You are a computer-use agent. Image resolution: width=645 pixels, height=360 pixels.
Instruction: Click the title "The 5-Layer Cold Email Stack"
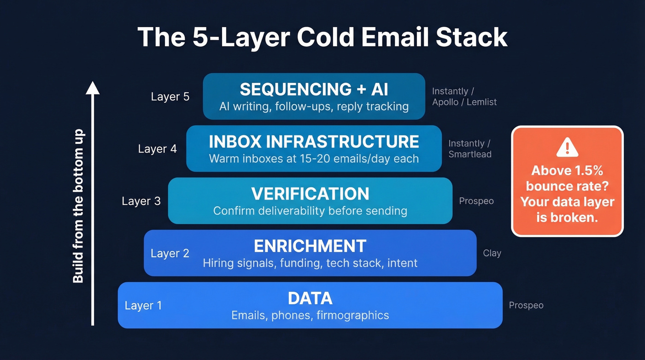pyautogui.click(x=322, y=37)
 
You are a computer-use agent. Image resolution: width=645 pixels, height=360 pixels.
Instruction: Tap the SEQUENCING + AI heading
pyautogui.click(x=314, y=89)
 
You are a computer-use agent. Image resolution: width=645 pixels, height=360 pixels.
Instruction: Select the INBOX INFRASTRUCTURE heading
pyautogui.click(x=314, y=141)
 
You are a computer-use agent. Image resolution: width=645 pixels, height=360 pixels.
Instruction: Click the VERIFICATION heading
pyautogui.click(x=310, y=194)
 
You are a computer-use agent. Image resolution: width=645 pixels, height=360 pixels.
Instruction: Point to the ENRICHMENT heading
pyautogui.click(x=310, y=246)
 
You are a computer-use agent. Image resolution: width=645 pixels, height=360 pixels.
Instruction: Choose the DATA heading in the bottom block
pyautogui.click(x=310, y=298)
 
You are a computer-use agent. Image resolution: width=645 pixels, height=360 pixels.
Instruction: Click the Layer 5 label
pyautogui.click(x=170, y=97)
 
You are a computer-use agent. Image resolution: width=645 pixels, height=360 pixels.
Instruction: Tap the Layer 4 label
pyautogui.click(x=157, y=149)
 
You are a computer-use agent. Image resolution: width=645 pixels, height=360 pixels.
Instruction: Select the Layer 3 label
pyautogui.click(x=141, y=201)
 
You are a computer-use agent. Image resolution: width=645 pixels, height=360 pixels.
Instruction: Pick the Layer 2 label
pyautogui.click(x=170, y=254)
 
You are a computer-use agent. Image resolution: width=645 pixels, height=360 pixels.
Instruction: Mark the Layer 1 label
pyautogui.click(x=143, y=306)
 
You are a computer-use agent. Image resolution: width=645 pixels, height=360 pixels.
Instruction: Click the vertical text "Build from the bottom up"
pyautogui.click(x=78, y=206)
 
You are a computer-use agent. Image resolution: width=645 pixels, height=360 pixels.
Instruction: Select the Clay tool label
pyautogui.click(x=492, y=253)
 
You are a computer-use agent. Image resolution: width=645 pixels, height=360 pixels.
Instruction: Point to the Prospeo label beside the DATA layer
pyautogui.click(x=526, y=305)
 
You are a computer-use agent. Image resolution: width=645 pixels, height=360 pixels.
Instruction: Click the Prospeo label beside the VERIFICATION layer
pyautogui.click(x=476, y=201)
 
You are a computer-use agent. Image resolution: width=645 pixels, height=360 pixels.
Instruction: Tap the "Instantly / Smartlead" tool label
pyautogui.click(x=470, y=149)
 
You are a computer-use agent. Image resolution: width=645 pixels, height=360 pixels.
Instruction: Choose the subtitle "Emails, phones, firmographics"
pyautogui.click(x=310, y=315)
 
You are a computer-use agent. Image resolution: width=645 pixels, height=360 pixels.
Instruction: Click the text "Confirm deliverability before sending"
pyautogui.click(x=310, y=211)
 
